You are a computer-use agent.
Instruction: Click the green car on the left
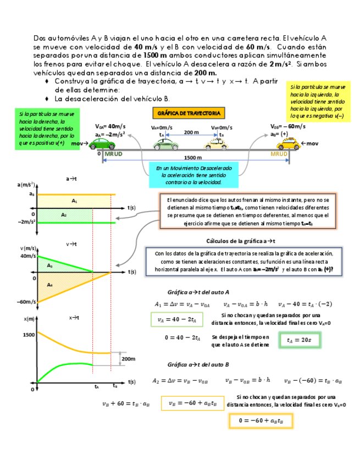[x=102, y=143]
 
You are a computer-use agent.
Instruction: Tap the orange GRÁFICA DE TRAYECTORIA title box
[x=187, y=114]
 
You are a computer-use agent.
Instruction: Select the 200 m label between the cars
[x=191, y=132]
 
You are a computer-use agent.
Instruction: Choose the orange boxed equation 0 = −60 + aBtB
[x=261, y=421]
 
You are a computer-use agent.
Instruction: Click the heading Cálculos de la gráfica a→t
[x=240, y=241]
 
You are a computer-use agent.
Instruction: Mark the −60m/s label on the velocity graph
[x=26, y=302]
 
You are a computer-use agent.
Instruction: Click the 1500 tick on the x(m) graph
[x=28, y=334]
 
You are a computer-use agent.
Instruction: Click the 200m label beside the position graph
[x=128, y=359]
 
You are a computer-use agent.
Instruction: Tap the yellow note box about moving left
[x=318, y=102]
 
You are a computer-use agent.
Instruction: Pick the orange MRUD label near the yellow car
[x=279, y=154]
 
